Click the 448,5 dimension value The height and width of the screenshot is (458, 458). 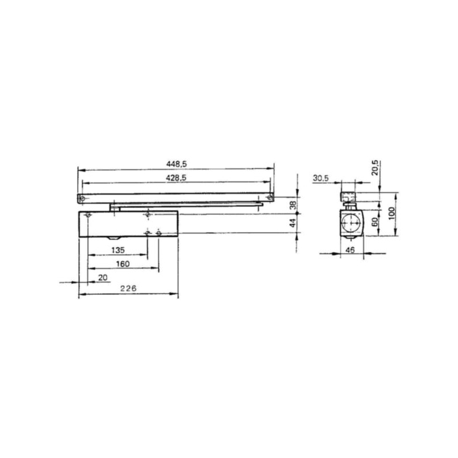tap(176, 164)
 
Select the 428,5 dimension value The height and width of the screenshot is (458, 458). tap(176, 178)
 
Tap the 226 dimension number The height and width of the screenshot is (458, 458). tap(128, 289)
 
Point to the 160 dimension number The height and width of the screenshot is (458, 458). tap(123, 264)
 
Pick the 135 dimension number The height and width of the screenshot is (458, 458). tap(118, 250)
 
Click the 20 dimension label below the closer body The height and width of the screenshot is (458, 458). tap(103, 278)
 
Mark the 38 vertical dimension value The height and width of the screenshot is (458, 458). tap(293, 205)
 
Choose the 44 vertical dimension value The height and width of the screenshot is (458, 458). tap(293, 223)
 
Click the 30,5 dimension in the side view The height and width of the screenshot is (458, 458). tap(321, 178)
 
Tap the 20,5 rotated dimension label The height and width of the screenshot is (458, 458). tap(375, 168)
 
